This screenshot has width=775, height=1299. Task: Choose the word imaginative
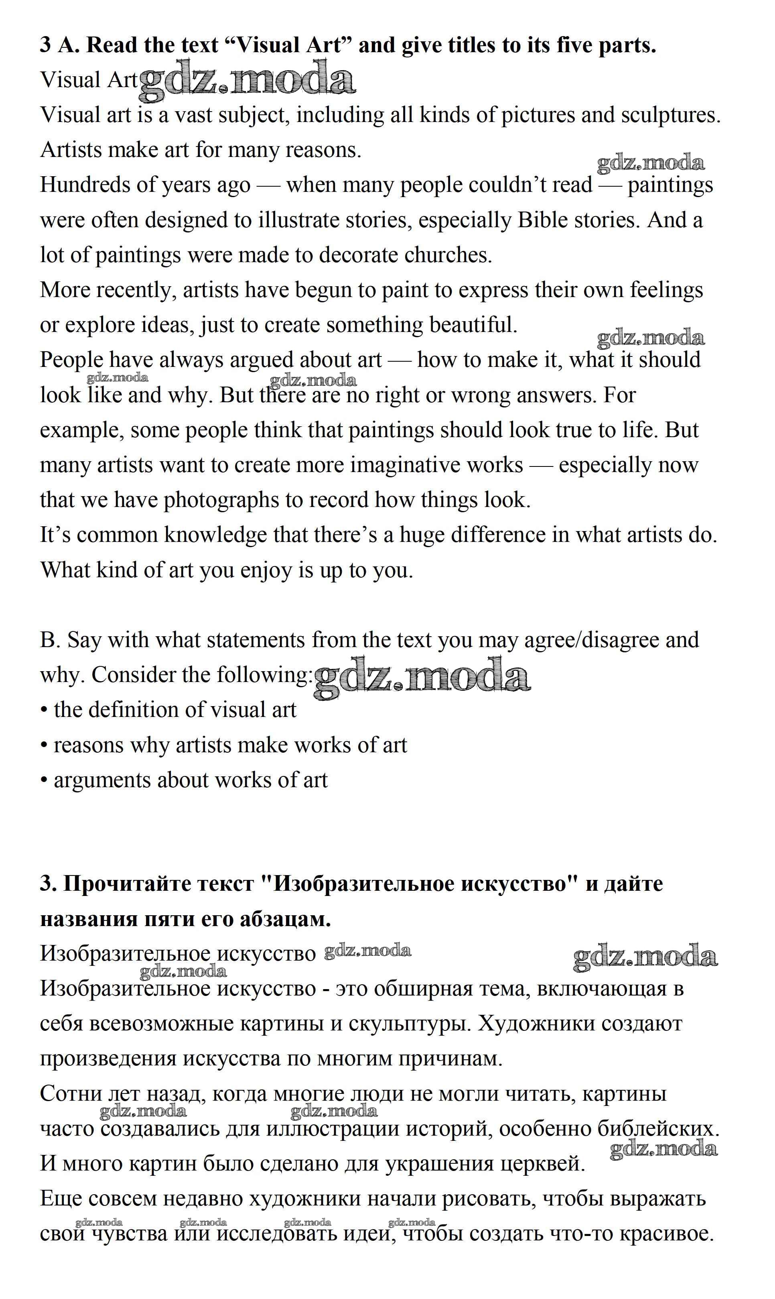click(x=436, y=466)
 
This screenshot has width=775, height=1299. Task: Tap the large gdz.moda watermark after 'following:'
click(x=422, y=677)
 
